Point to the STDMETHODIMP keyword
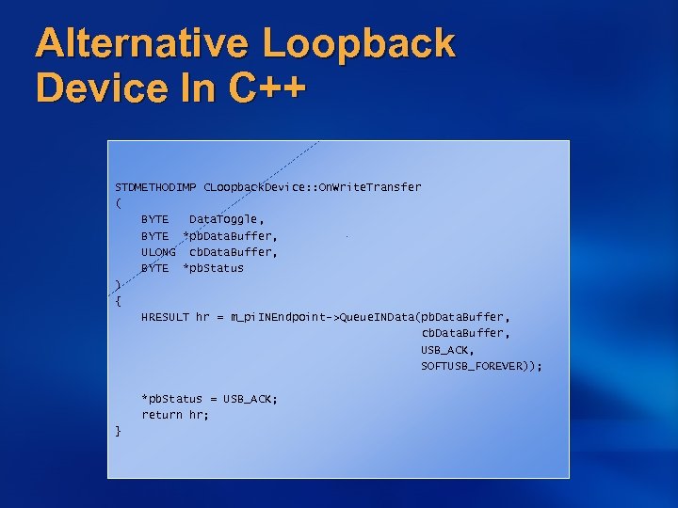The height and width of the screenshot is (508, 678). pyautogui.click(x=155, y=187)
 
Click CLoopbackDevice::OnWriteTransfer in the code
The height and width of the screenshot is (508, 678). pyautogui.click(x=313, y=187)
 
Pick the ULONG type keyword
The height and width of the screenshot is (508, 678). pyautogui.click(x=158, y=252)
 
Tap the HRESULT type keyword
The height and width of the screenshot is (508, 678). pyautogui.click(x=165, y=317)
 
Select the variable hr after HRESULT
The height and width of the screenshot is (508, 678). pyautogui.click(x=202, y=317)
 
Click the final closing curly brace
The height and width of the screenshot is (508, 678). pyautogui.click(x=118, y=431)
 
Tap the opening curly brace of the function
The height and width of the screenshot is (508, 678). pyautogui.click(x=118, y=301)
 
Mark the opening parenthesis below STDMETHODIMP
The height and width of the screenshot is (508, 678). pyautogui.click(x=118, y=203)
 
